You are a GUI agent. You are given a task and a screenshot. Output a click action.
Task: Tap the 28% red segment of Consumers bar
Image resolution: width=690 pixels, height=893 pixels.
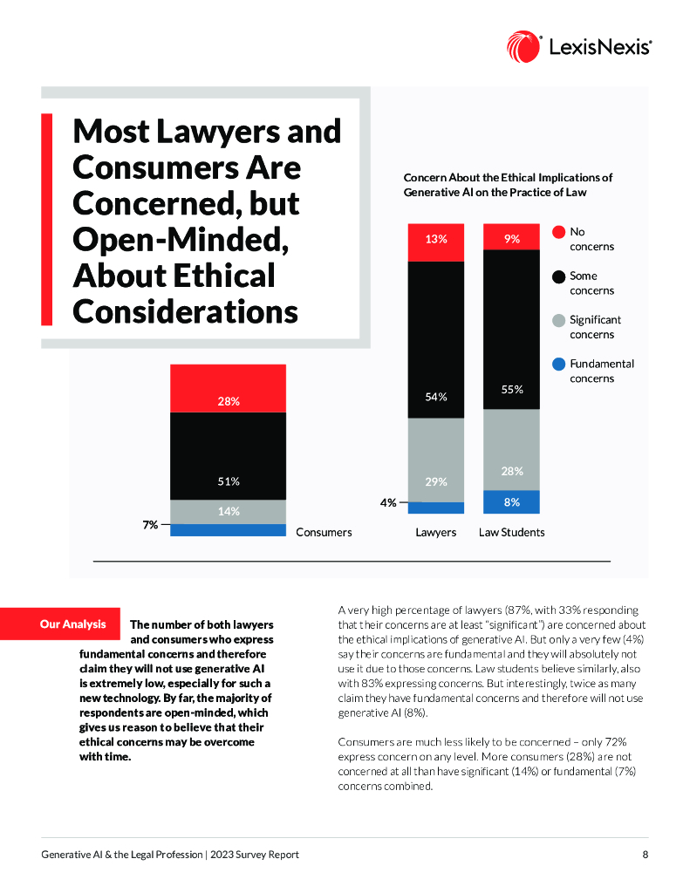click(x=228, y=388)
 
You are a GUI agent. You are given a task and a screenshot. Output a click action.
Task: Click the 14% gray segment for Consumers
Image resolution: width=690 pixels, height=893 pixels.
click(x=228, y=512)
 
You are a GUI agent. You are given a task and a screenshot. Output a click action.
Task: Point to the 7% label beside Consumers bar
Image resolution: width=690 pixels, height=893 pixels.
click(x=151, y=525)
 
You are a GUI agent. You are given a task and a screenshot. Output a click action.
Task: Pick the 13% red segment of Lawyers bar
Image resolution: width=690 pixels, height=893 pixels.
click(x=436, y=242)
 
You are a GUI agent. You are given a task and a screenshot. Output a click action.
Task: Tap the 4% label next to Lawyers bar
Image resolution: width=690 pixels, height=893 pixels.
click(x=388, y=502)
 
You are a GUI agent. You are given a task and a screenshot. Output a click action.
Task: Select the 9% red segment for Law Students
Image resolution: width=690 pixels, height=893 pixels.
click(x=511, y=242)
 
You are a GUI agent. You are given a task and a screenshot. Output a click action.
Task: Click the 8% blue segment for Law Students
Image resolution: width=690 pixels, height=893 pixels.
click(x=511, y=501)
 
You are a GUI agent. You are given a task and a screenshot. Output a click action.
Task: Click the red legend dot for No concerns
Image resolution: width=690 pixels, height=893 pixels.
click(x=558, y=232)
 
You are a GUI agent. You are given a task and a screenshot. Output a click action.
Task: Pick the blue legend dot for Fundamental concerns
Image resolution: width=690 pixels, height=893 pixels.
click(x=558, y=364)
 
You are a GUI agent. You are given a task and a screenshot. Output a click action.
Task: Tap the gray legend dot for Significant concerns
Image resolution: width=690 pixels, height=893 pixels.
click(x=558, y=320)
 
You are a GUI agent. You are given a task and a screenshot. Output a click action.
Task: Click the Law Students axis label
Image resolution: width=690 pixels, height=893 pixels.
click(x=511, y=532)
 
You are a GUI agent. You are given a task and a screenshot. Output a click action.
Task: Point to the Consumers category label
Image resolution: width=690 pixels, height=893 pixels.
click(x=324, y=531)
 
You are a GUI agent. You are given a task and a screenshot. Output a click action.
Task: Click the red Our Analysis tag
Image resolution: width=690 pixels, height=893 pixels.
click(x=73, y=624)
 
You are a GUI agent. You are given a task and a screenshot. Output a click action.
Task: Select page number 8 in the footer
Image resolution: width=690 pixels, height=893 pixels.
click(x=645, y=855)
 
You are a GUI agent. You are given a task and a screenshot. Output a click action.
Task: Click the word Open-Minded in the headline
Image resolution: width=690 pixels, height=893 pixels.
click(x=181, y=239)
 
